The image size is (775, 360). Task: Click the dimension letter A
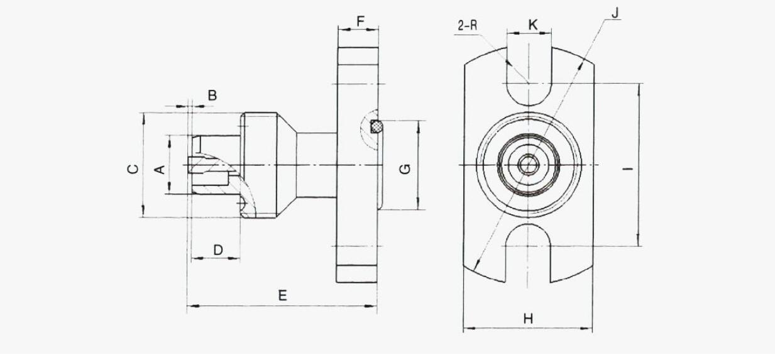[161, 170]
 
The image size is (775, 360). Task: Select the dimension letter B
[212, 95]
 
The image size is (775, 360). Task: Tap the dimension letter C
[133, 169]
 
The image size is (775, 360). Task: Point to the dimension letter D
[218, 249]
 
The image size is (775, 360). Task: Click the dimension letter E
[283, 296]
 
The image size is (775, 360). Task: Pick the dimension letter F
[361, 21]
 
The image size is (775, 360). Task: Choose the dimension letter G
[405, 169]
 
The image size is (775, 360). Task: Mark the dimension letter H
[528, 319]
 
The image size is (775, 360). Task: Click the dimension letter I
[628, 169]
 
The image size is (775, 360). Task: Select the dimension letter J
[615, 13]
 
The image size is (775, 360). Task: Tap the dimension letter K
[533, 25]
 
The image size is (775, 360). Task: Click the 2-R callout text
[468, 26]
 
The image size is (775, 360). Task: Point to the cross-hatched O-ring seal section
[376, 126]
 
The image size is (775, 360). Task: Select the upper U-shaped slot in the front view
[529, 76]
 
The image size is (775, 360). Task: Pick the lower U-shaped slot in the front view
[528, 253]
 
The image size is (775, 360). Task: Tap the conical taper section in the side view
[287, 165]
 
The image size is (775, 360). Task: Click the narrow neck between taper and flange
[317, 165]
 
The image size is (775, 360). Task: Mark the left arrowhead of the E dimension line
[191, 306]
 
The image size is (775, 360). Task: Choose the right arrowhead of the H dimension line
[588, 328]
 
